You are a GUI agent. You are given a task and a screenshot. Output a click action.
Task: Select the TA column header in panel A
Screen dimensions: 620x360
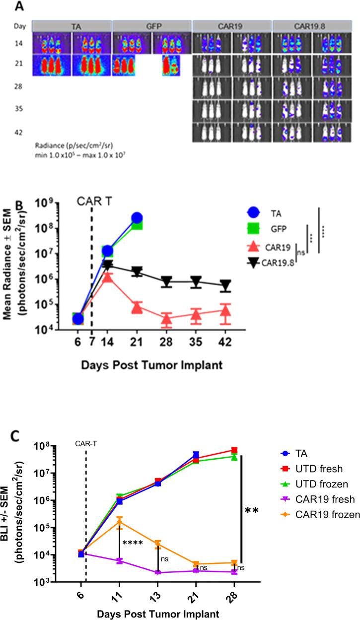[72, 25]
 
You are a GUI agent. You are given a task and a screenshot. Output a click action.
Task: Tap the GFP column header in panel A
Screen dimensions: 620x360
[152, 25]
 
